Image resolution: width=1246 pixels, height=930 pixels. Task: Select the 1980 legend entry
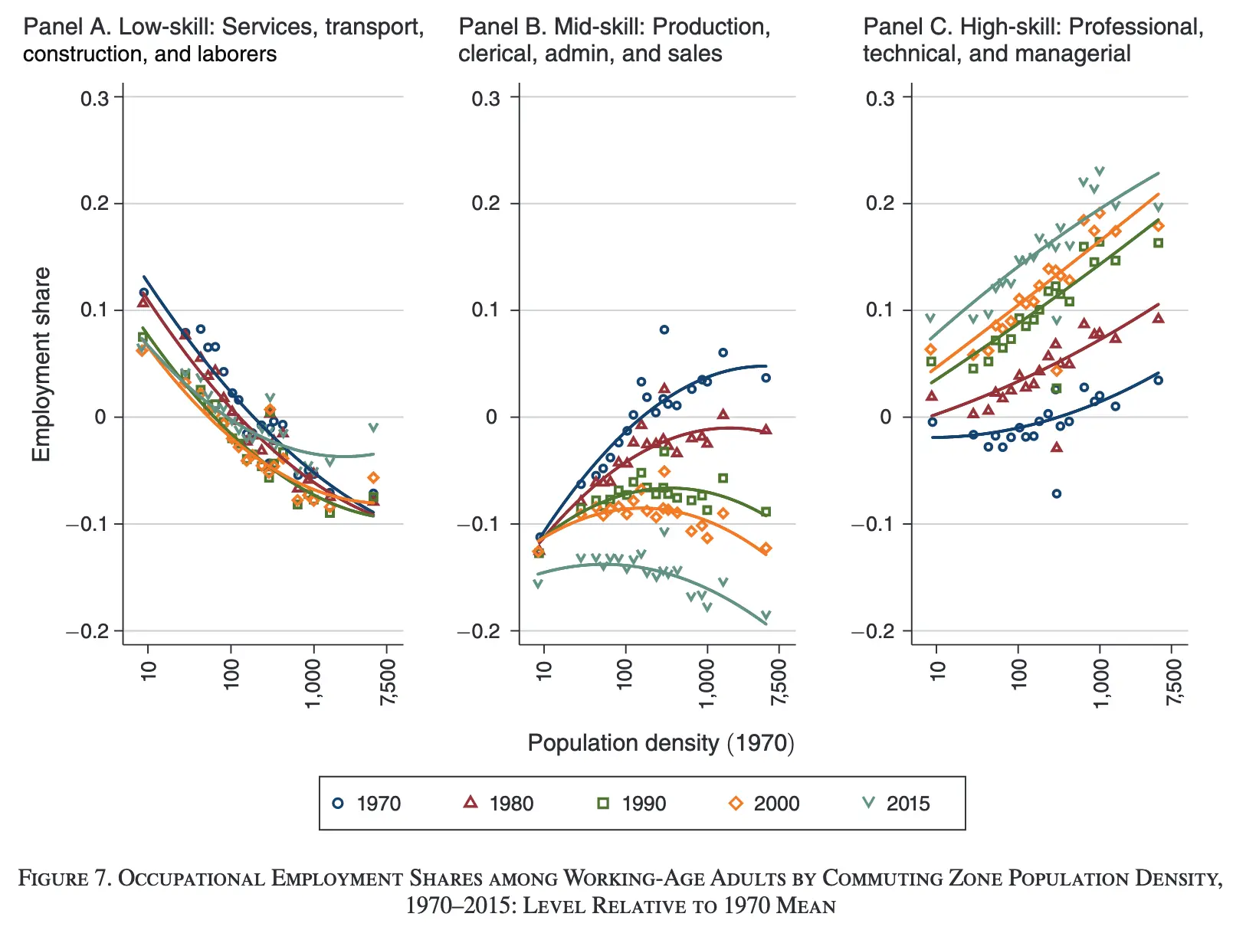tap(499, 804)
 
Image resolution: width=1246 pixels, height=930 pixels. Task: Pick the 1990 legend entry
tap(631, 804)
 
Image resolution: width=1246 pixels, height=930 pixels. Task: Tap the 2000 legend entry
tap(764, 804)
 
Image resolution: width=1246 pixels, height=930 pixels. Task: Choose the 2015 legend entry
tap(897, 804)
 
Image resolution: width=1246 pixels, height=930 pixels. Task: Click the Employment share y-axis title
tap(41, 364)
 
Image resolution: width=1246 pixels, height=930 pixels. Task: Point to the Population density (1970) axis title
tap(661, 743)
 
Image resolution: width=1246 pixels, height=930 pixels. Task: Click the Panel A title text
tap(223, 41)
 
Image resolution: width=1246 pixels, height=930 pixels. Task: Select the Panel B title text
tap(614, 41)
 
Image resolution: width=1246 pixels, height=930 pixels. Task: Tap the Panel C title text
tap(1033, 41)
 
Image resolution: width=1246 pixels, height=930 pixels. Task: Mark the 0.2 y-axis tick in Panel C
tap(880, 204)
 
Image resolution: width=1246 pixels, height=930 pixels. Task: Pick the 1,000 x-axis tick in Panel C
tap(1100, 682)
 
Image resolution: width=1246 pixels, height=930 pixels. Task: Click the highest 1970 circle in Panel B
tap(664, 329)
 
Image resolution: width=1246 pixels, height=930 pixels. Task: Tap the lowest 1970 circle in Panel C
tap(1057, 494)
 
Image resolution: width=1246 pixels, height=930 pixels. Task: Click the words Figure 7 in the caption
tap(66, 878)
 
